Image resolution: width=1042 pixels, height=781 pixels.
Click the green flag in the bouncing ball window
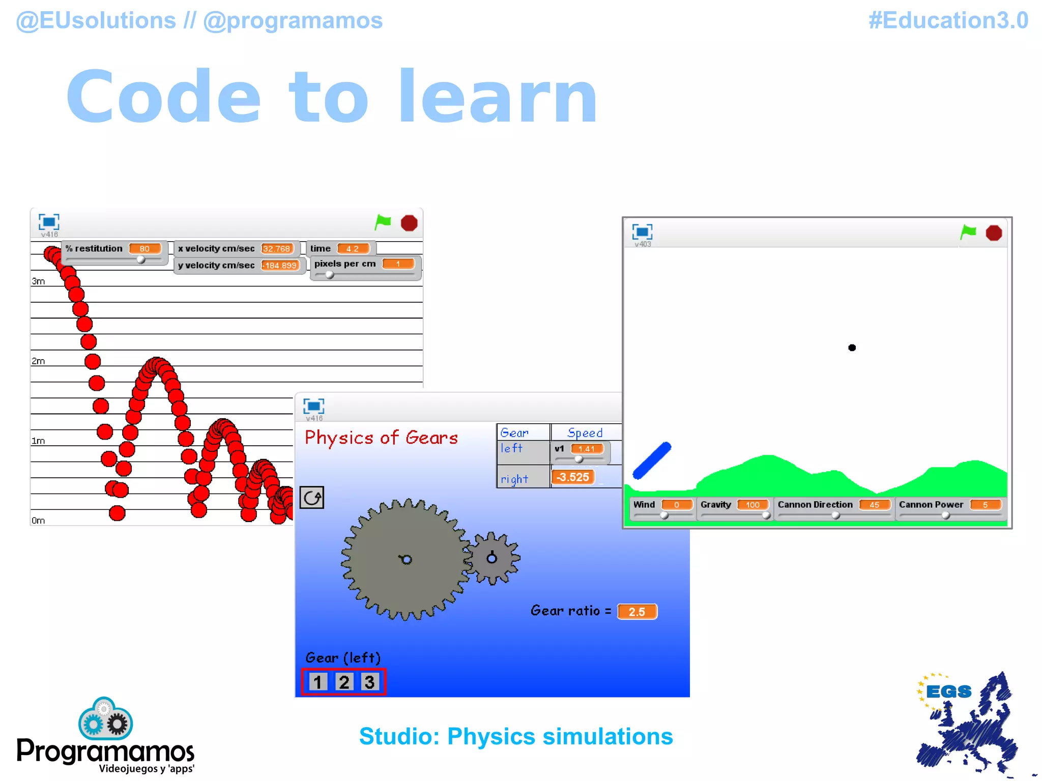383,222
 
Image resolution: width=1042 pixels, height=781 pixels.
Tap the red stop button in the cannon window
993,233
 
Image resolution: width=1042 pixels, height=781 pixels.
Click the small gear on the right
491,558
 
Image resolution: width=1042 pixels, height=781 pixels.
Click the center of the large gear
406,560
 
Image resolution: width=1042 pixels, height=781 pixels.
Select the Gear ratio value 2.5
637,612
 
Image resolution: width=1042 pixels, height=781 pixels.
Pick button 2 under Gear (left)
344,682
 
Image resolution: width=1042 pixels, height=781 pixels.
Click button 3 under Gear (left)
370,682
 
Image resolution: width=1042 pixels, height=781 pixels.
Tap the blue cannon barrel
652,461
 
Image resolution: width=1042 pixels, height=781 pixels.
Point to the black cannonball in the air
852,348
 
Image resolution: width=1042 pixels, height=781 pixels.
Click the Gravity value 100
752,505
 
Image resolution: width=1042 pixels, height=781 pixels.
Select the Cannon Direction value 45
874,505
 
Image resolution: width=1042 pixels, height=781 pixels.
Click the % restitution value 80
144,248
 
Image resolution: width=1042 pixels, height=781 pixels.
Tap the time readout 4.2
352,248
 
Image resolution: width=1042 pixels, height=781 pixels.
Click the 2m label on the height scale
38,361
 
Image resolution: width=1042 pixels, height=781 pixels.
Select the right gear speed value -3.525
573,477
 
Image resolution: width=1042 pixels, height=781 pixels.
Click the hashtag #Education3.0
948,21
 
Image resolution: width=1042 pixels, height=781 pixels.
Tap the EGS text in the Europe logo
948,692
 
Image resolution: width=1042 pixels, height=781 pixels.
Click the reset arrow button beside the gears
312,498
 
